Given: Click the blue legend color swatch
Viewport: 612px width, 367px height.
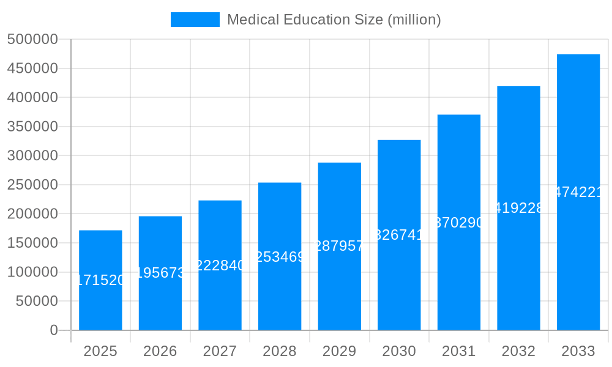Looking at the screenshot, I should pyautogui.click(x=195, y=20).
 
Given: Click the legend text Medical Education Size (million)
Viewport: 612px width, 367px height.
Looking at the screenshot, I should pyautogui.click(x=334, y=20).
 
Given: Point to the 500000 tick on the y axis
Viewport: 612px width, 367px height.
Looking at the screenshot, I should pyautogui.click(x=32, y=39).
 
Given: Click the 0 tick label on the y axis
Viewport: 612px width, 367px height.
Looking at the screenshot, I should pyautogui.click(x=53, y=330).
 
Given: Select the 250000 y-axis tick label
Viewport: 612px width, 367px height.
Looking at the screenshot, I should pyautogui.click(x=32, y=185).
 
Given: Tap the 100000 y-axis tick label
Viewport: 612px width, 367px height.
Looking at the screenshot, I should pyautogui.click(x=32, y=272).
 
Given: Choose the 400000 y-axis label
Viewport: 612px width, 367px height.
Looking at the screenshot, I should pyautogui.click(x=32, y=97).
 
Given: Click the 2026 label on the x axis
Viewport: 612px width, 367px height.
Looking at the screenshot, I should pyautogui.click(x=160, y=351).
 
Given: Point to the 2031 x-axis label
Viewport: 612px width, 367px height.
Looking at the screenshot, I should pyautogui.click(x=459, y=351).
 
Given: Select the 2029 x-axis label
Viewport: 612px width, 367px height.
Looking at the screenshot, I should pyautogui.click(x=339, y=351).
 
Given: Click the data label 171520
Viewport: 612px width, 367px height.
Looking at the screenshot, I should pyautogui.click(x=100, y=280).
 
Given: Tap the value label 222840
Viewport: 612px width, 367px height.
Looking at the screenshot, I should pyautogui.click(x=220, y=265).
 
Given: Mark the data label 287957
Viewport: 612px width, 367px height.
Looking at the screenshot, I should pyautogui.click(x=339, y=246).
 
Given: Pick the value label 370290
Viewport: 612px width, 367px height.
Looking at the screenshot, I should pyautogui.click(x=459, y=223).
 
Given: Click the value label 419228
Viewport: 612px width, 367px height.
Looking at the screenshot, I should pyautogui.click(x=518, y=208).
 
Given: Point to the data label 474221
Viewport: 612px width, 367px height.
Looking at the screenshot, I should pyautogui.click(x=578, y=192).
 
